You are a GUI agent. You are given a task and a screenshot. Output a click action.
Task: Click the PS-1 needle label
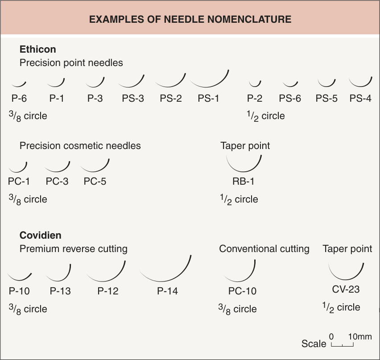pos(208,99)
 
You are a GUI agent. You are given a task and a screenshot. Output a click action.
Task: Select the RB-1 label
pos(244,181)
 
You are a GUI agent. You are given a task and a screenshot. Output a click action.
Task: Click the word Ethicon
pos(38,49)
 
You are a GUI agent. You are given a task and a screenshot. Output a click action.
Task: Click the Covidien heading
pos(41,235)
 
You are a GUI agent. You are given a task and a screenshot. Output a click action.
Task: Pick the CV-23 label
pos(346,289)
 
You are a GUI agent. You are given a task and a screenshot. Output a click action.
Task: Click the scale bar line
pos(342,346)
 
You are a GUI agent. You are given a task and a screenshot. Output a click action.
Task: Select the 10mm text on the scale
pos(360,336)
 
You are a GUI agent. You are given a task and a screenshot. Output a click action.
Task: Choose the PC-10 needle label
pos(242,291)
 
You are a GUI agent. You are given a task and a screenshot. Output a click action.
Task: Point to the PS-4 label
pos(360,99)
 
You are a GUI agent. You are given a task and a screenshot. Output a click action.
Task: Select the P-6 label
pos(19,99)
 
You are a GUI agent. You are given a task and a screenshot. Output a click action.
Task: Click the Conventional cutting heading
pos(264,249)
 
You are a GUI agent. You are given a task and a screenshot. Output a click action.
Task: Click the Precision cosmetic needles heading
pos(80,146)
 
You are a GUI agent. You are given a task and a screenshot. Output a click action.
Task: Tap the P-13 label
pos(60,291)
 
